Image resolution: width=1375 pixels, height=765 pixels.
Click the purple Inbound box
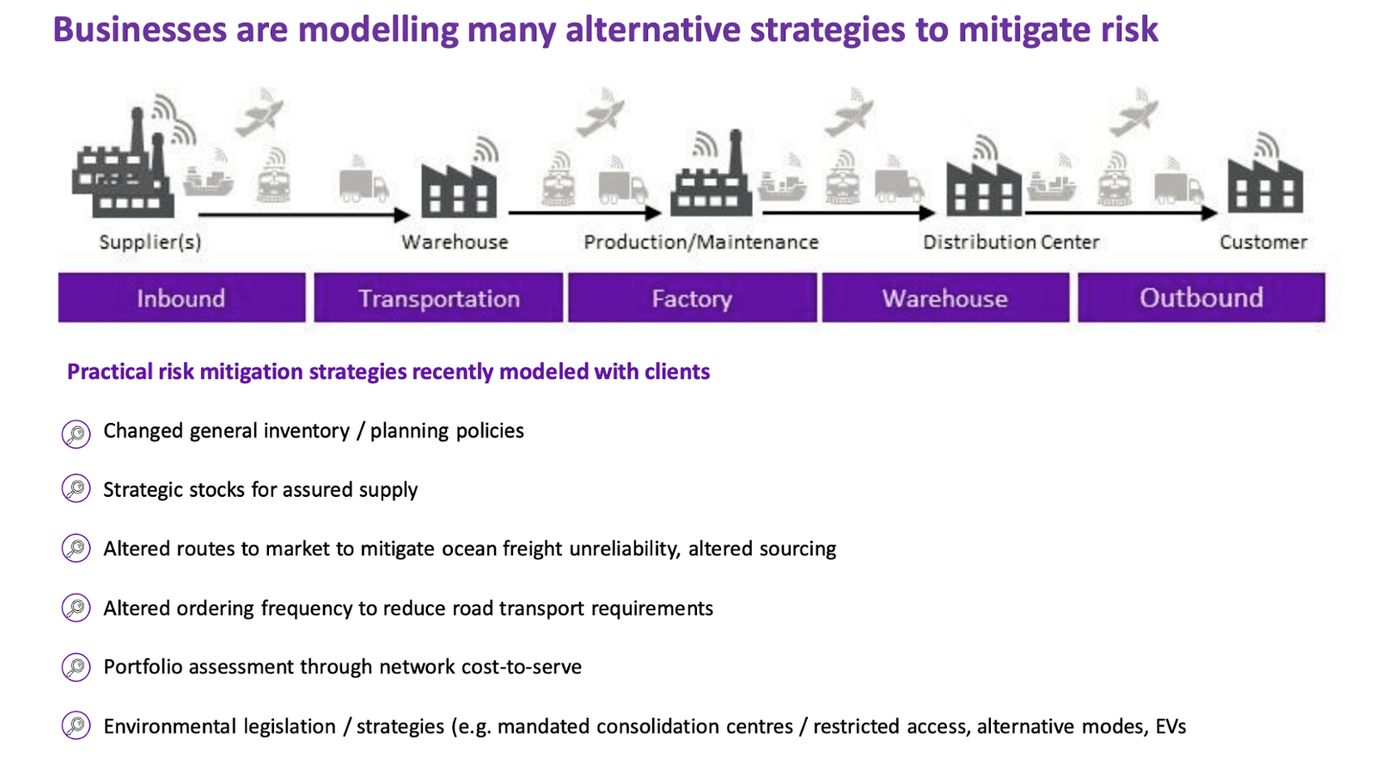(181, 297)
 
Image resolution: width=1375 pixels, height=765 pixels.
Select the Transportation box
(438, 297)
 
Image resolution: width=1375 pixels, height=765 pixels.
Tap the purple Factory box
(693, 297)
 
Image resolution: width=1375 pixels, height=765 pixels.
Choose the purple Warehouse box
(946, 297)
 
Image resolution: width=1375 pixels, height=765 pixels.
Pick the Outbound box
(1201, 297)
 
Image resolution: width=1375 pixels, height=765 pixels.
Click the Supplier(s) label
(150, 242)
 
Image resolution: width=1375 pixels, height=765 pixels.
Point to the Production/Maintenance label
(701, 242)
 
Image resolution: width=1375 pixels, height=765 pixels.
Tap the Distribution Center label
(1011, 242)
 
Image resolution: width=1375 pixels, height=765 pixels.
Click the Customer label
(1263, 242)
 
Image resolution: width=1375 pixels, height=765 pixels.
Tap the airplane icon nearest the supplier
(260, 114)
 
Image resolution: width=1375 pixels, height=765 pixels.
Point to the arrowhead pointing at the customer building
(1210, 213)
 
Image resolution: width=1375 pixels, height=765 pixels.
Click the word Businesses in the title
(140, 29)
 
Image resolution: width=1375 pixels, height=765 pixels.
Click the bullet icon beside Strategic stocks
(76, 489)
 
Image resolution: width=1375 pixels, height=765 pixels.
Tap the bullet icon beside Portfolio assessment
(76, 667)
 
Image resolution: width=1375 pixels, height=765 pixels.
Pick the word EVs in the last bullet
(1170, 726)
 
